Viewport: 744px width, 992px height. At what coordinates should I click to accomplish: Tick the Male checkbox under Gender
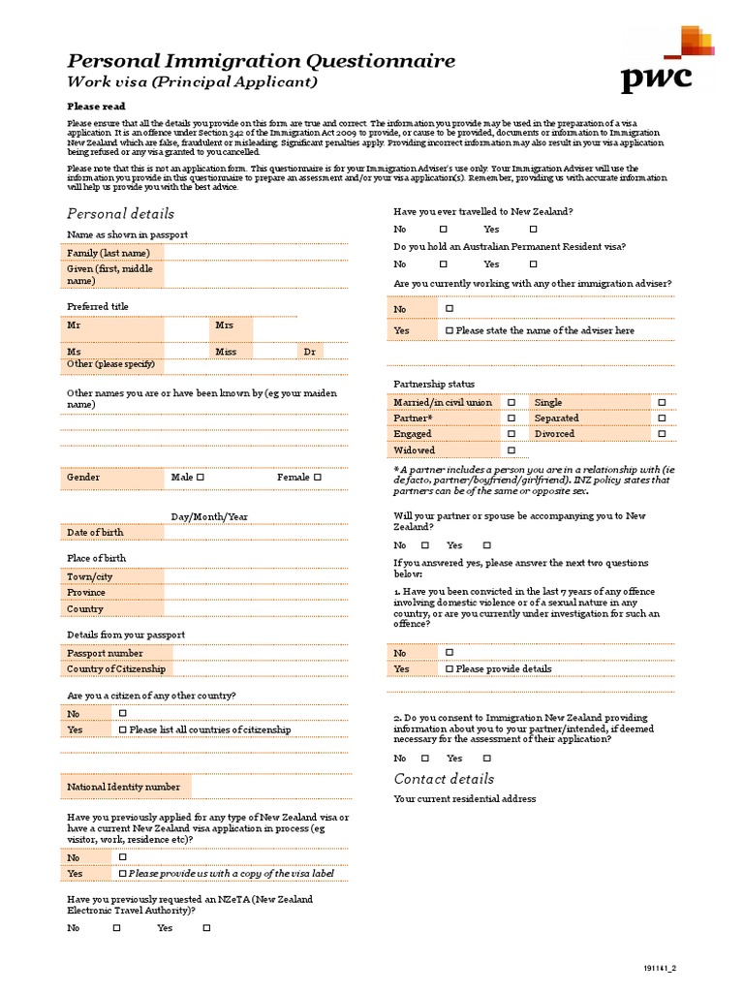pyautogui.click(x=201, y=478)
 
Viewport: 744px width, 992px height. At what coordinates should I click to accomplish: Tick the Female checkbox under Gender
pyautogui.click(x=317, y=478)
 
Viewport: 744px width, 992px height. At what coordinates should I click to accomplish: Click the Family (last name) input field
pyautogui.click(x=256, y=253)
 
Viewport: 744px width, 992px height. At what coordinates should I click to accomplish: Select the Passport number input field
pyautogui.click(x=256, y=653)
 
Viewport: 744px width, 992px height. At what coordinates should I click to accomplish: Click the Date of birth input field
pyautogui.click(x=256, y=532)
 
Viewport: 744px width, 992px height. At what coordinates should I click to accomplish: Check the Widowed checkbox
pyautogui.click(x=511, y=450)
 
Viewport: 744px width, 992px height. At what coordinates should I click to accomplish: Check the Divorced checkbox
pyautogui.click(x=663, y=434)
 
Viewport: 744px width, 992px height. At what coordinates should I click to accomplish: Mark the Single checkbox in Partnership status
pyautogui.click(x=663, y=402)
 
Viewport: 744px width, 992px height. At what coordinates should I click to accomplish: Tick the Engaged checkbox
pyautogui.click(x=511, y=434)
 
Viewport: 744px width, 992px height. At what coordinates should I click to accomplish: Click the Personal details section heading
pyautogui.click(x=120, y=213)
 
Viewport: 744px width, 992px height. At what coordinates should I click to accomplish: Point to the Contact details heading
pyautogui.click(x=444, y=779)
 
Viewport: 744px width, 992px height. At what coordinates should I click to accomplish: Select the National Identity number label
pyautogui.click(x=123, y=788)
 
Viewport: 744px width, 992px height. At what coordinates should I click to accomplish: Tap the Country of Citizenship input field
pyautogui.click(x=256, y=668)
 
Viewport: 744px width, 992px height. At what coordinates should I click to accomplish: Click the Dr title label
pyautogui.click(x=310, y=352)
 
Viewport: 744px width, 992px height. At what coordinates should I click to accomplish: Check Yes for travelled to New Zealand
pyautogui.click(x=533, y=230)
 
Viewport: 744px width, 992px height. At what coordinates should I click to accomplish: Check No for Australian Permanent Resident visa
pyautogui.click(x=443, y=263)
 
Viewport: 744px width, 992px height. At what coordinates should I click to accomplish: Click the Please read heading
pyautogui.click(x=96, y=107)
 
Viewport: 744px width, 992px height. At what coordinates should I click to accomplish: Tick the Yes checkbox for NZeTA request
pyautogui.click(x=206, y=928)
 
